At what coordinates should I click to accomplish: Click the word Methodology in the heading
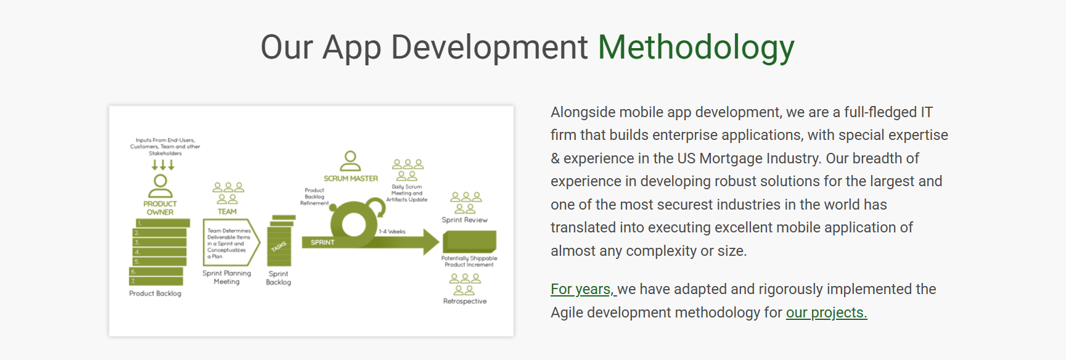696,48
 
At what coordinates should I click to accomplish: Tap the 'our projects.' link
826,313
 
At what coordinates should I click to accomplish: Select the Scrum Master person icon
350,162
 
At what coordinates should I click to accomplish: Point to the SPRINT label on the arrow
322,242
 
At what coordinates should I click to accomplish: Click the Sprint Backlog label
278,278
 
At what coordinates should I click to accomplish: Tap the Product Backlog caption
155,293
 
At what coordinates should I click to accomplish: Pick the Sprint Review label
464,220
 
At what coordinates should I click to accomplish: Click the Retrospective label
465,301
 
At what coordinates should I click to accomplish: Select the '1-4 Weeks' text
392,232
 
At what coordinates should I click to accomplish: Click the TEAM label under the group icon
227,211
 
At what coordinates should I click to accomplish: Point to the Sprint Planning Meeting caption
227,277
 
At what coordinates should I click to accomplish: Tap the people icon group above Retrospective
465,285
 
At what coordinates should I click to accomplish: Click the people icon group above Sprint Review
465,203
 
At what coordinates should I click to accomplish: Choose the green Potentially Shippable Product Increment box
469,241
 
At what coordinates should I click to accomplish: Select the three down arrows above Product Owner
163,165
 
